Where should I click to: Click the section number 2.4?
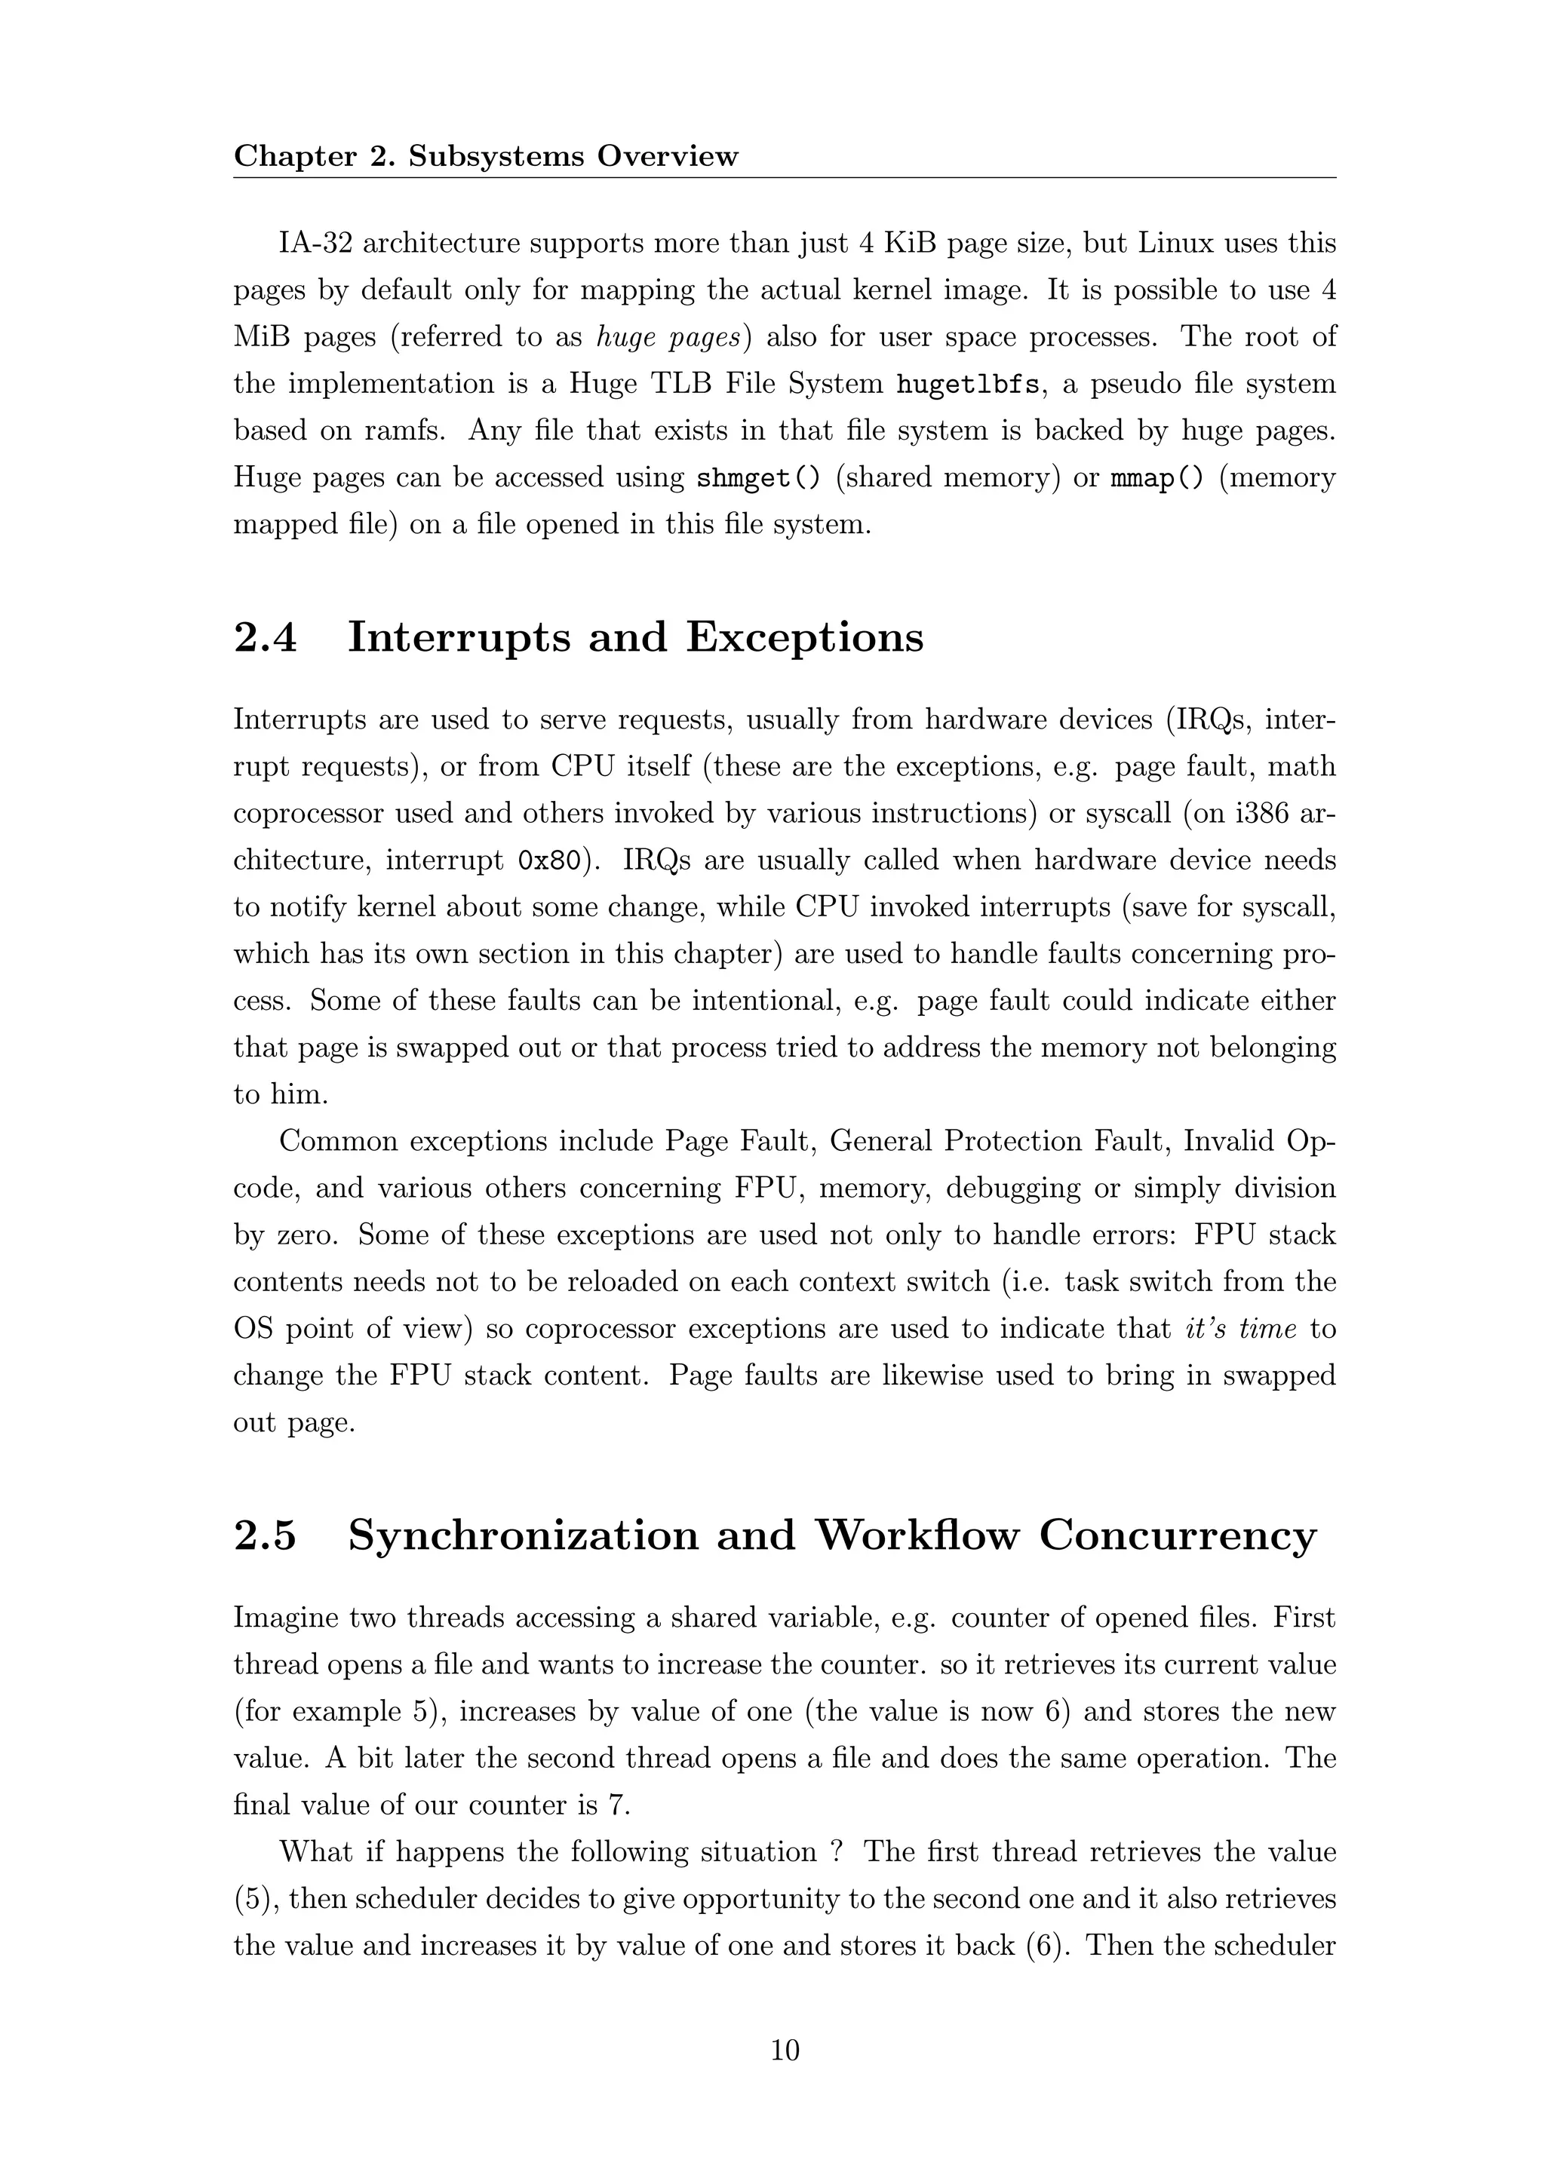tap(266, 637)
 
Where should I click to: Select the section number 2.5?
tap(266, 1535)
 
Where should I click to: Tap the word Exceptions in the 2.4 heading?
tap(804, 637)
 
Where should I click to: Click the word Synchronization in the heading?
tap(571, 1535)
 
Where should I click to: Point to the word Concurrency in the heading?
tap(1177, 1535)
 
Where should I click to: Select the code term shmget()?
tap(758, 477)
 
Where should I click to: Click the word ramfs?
tap(404, 431)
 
